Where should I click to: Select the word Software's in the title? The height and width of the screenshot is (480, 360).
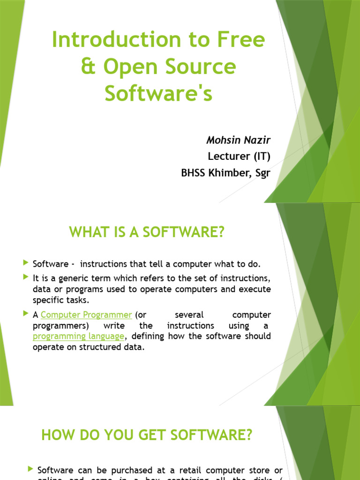158,93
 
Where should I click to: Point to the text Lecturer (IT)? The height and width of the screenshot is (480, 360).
239,157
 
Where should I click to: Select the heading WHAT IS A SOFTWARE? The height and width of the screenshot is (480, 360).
147,232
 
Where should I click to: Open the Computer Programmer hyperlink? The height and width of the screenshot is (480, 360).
86,315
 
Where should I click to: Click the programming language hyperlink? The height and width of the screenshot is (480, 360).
79,336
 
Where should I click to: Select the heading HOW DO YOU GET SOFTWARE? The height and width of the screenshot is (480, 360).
147,435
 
